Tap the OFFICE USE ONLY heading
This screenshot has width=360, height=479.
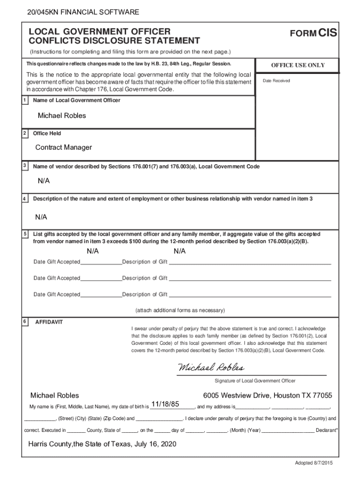point(298,65)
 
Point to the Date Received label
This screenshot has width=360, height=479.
point(276,81)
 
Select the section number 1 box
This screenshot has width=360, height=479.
point(24,100)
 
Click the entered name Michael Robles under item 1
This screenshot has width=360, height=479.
point(62,116)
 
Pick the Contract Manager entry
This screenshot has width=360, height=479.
point(64,147)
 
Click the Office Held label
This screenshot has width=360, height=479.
point(47,133)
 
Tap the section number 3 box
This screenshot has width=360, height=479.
point(24,166)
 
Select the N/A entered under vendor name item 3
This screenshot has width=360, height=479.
point(44,181)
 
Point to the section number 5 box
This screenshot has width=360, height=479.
point(24,233)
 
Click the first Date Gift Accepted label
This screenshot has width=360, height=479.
point(57,262)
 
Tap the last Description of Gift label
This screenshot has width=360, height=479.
point(144,295)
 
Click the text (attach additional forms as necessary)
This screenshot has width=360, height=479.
point(180,310)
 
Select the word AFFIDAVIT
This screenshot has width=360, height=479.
point(49,322)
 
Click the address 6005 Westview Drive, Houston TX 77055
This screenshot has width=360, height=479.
point(267,395)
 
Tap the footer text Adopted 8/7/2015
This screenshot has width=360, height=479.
point(313,463)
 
